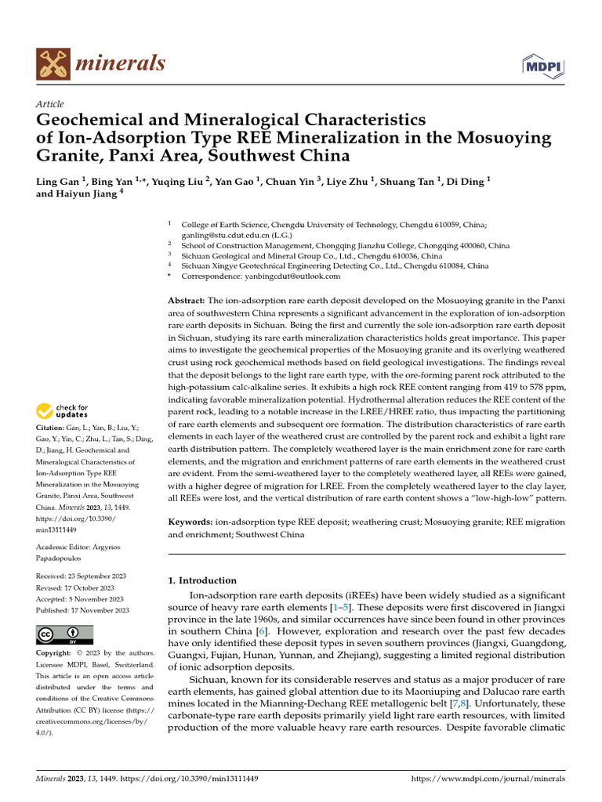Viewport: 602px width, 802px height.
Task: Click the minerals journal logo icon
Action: [52, 63]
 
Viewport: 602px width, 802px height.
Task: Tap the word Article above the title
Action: [50, 104]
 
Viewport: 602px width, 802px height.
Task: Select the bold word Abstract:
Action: [187, 301]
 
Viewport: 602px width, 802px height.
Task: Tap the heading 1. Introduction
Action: [203, 580]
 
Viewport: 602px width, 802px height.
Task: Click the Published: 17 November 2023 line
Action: [82, 610]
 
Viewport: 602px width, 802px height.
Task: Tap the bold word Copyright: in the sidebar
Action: [58, 653]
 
